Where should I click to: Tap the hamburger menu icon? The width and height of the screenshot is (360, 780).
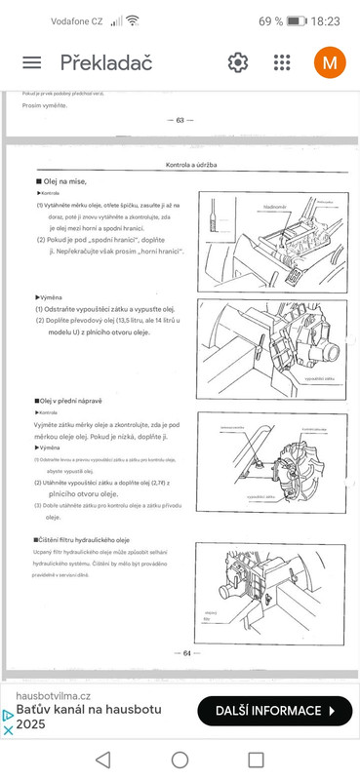click(32, 62)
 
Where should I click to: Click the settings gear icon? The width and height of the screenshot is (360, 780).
click(238, 62)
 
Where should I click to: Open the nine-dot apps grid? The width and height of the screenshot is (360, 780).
click(282, 62)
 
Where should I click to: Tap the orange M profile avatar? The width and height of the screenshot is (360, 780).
click(330, 62)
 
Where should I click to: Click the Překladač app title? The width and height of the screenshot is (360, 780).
click(107, 62)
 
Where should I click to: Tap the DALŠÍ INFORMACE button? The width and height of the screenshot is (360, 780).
click(274, 711)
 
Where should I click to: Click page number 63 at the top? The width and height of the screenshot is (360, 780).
click(180, 120)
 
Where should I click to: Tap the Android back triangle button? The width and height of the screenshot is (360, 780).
click(103, 759)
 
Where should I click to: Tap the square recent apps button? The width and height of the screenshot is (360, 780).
click(256, 759)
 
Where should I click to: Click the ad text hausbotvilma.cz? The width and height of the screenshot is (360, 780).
click(55, 695)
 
